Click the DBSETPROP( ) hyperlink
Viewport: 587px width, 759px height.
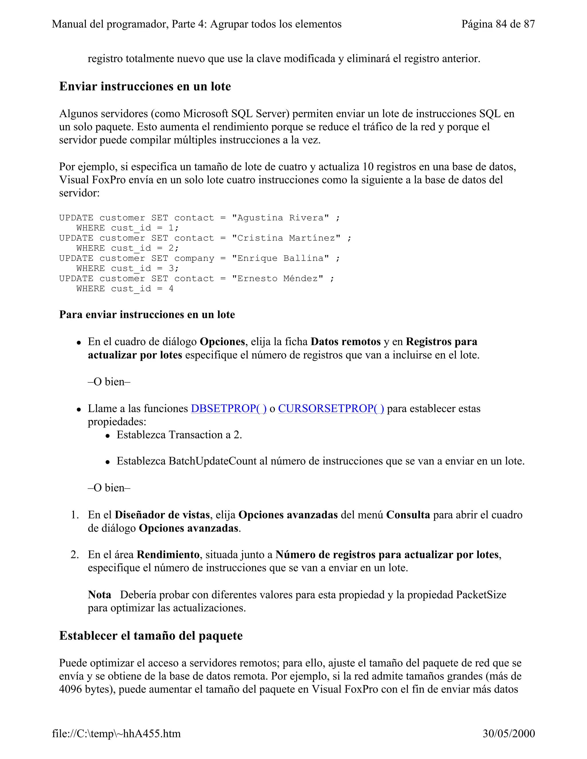tap(228, 408)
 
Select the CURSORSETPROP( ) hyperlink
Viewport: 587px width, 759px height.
tap(331, 408)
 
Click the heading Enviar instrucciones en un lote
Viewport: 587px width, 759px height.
tap(145, 86)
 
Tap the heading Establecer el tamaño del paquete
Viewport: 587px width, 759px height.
tap(151, 636)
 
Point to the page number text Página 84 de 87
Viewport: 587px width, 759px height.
tap(498, 24)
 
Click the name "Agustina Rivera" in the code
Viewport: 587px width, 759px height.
tap(280, 218)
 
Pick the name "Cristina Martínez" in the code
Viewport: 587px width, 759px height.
tap(286, 238)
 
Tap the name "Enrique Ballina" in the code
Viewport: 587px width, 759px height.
tap(280, 258)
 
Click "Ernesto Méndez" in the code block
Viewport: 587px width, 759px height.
tap(277, 278)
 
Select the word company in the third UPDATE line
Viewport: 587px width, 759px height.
tap(194, 258)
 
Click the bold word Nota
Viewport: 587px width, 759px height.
tap(99, 595)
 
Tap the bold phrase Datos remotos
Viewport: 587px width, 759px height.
tap(345, 342)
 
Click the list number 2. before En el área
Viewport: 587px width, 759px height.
tap(75, 555)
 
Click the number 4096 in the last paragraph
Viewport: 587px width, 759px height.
tap(70, 689)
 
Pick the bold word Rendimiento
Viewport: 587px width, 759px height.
tap(168, 555)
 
